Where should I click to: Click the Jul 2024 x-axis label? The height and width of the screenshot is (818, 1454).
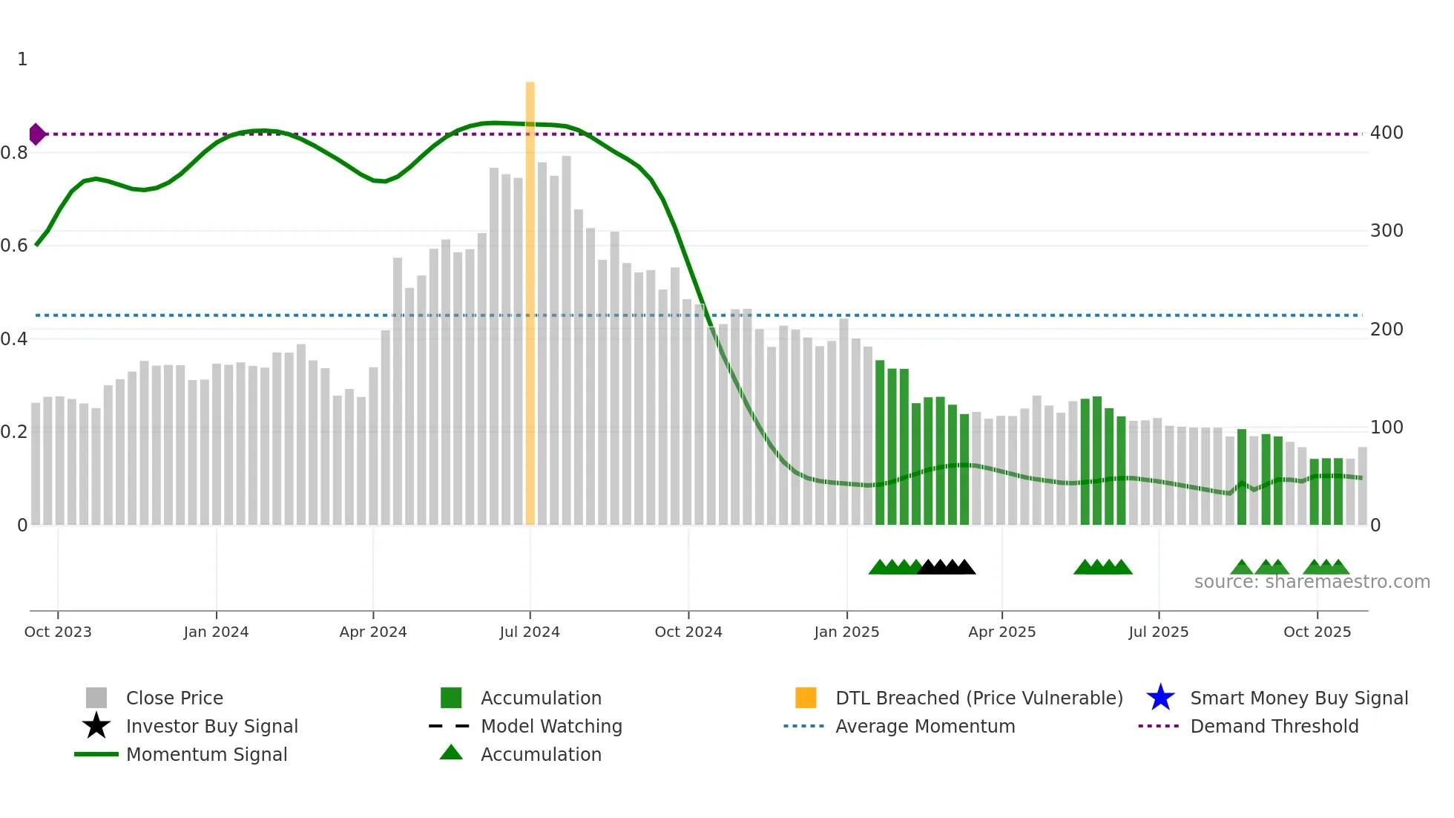click(x=530, y=632)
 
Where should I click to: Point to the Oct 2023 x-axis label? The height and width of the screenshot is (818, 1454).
click(x=58, y=632)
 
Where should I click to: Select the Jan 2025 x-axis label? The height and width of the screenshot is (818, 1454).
click(x=846, y=632)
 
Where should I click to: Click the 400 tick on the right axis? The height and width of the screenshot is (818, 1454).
click(x=1386, y=133)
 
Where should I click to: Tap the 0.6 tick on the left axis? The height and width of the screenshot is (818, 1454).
click(x=14, y=246)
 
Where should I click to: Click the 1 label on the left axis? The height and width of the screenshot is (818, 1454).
click(x=22, y=59)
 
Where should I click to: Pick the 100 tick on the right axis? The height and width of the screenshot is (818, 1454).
click(x=1386, y=428)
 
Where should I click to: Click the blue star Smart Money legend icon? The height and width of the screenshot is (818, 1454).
click(x=1160, y=698)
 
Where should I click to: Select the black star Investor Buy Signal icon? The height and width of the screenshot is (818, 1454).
click(x=96, y=726)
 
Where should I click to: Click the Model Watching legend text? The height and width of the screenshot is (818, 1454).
click(x=551, y=726)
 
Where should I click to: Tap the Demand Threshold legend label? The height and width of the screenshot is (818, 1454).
click(x=1274, y=726)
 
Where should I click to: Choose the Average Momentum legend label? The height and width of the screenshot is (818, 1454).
click(x=925, y=726)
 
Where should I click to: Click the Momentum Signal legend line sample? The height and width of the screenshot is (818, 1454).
click(x=96, y=754)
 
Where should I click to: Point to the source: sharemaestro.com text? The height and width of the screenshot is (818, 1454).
click(x=1312, y=582)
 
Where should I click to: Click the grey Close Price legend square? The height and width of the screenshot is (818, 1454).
click(x=96, y=698)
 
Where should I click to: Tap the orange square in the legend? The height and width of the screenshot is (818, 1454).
click(x=806, y=698)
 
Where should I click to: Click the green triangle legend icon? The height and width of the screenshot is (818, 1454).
click(x=451, y=753)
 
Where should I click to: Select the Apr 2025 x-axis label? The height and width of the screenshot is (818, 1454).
click(x=1001, y=632)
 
